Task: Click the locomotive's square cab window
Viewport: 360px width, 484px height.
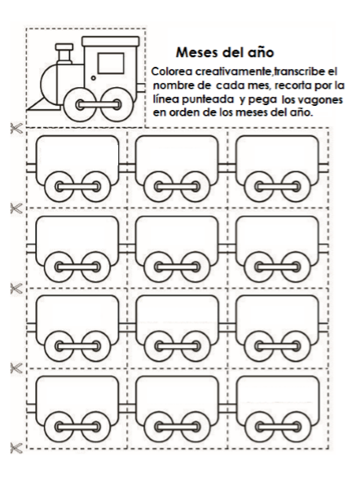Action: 111,64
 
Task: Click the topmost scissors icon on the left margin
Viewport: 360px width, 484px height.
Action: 16,129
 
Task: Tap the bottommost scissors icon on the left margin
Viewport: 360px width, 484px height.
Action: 16,448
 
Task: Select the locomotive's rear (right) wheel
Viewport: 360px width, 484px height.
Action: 116,104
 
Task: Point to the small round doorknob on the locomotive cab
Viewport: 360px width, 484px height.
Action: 93,77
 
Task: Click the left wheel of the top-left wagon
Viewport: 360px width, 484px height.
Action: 59,187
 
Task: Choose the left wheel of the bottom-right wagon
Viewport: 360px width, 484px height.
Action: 258,427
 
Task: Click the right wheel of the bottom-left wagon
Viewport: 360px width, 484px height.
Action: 96,427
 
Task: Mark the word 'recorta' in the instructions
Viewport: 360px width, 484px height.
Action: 292,86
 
